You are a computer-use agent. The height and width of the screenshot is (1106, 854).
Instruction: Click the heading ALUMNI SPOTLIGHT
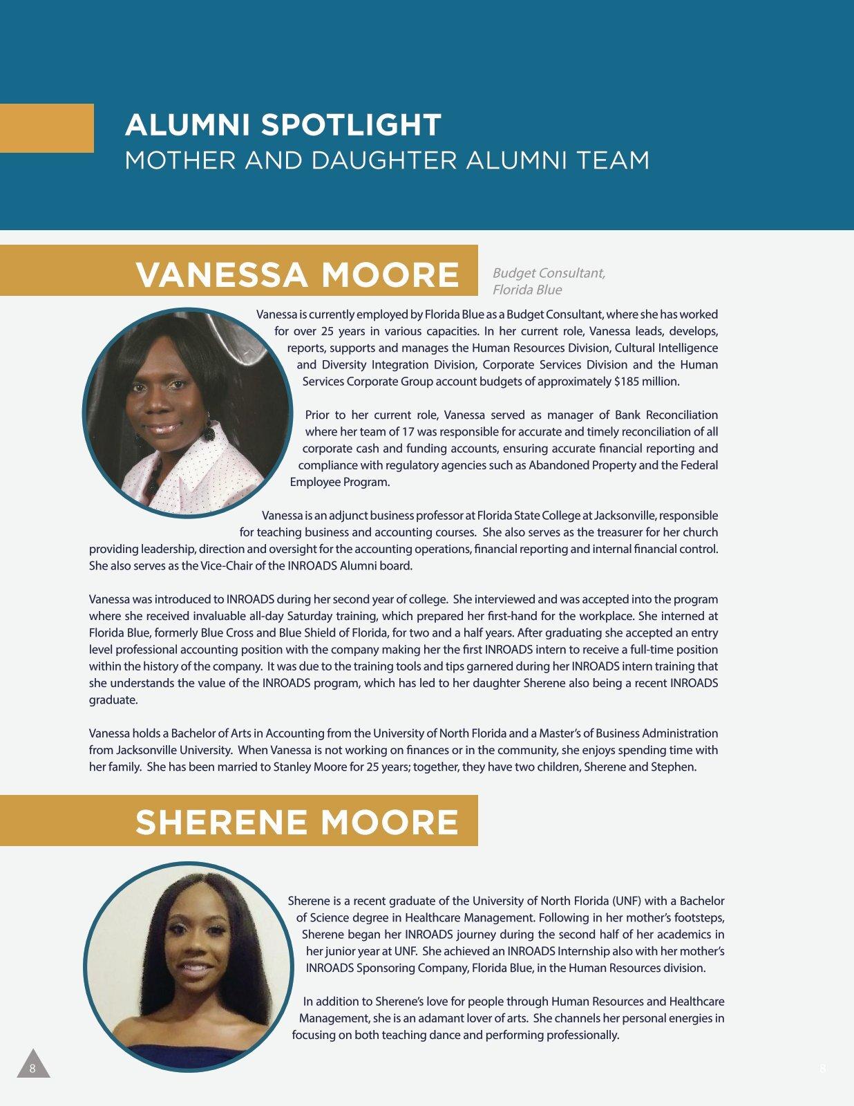(283, 125)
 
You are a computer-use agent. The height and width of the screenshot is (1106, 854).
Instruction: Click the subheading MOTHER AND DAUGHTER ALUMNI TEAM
(387, 160)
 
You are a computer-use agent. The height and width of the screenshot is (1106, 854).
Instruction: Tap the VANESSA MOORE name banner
(297, 274)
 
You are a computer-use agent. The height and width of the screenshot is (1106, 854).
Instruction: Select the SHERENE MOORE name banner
(296, 822)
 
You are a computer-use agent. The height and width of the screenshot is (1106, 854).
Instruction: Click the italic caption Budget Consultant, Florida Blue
(549, 281)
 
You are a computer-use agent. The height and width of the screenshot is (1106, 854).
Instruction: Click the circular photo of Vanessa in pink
(186, 413)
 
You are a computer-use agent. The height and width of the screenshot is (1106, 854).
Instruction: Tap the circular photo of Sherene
(188, 966)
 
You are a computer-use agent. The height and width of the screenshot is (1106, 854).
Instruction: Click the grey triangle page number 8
(32, 1065)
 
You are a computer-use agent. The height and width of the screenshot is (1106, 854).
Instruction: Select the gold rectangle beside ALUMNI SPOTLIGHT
(46, 128)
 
